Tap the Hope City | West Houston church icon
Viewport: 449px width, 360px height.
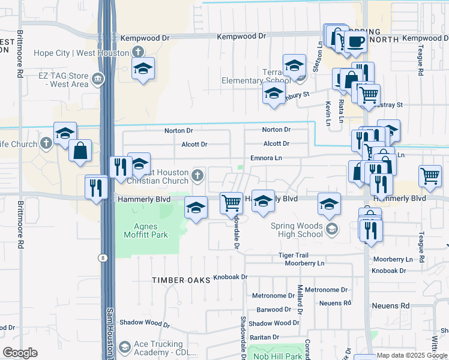[x=138, y=52]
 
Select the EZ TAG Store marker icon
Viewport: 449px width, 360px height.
[x=97, y=79]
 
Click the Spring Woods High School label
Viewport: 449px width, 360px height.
[x=297, y=230]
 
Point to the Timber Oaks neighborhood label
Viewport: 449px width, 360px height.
[x=181, y=280]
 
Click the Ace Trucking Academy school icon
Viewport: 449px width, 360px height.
[x=125, y=347]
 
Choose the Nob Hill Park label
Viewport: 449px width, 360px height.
[x=277, y=356]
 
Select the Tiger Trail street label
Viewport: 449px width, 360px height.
[x=293, y=256]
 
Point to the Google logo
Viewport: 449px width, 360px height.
[x=20, y=353]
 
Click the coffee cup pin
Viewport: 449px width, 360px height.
[x=355, y=40]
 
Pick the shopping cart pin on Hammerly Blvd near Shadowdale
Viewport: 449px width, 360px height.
[x=231, y=202]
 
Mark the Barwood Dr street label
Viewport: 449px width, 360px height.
[x=274, y=310]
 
